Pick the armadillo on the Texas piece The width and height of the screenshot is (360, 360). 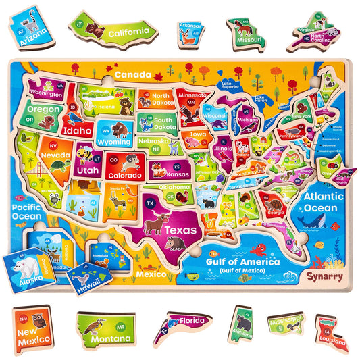tap(175, 242)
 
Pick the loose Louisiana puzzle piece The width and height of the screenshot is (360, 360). tap(331, 332)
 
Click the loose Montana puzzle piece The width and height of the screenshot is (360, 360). tap(105, 329)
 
